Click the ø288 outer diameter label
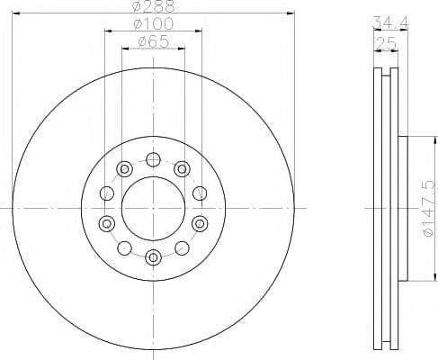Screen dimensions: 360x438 (153, 5)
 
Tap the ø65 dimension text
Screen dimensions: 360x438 (153, 41)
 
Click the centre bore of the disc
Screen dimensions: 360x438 (153, 208)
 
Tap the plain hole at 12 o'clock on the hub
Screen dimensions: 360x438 (153, 160)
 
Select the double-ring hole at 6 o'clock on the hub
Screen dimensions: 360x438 (153, 256)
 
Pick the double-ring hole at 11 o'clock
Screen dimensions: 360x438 (124, 167)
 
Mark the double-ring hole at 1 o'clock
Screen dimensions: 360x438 (182, 167)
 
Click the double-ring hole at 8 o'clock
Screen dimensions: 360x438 (107, 222)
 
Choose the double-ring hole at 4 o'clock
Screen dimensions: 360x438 (199, 222)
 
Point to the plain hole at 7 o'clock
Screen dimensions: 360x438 (124, 247)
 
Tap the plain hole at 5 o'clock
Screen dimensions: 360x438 (182, 247)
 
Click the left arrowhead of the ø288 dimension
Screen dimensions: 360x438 (16, 13)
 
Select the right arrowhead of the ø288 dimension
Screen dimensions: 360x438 (291, 13)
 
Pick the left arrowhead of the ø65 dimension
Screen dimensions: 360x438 (125, 49)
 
